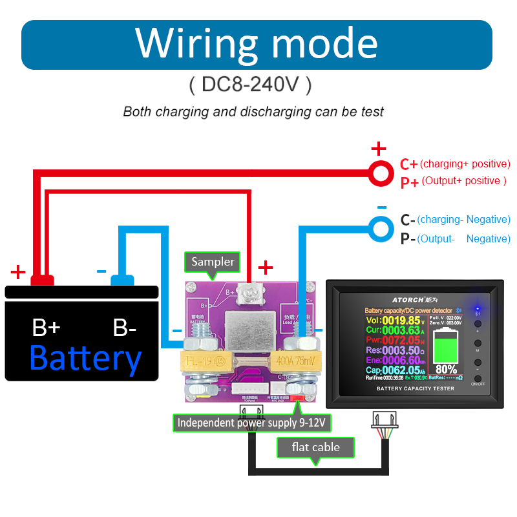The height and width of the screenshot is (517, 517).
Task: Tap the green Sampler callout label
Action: coord(213,262)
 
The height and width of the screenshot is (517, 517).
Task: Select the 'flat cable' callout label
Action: coord(316,447)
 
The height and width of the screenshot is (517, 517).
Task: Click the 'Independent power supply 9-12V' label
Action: coord(254,423)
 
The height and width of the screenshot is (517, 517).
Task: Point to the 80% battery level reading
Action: coord(446,370)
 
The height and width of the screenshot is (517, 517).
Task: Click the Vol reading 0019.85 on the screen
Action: coord(401,321)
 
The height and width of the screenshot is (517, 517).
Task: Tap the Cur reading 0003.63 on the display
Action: coord(401,330)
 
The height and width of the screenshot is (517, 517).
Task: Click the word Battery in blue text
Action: coord(85,358)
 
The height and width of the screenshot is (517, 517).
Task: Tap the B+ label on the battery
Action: coord(46,328)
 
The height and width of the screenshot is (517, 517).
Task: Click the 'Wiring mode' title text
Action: coord(257,44)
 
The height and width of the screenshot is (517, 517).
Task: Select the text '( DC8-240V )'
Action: coord(251,85)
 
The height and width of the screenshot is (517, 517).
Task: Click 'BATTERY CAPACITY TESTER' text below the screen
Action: coord(416,388)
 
